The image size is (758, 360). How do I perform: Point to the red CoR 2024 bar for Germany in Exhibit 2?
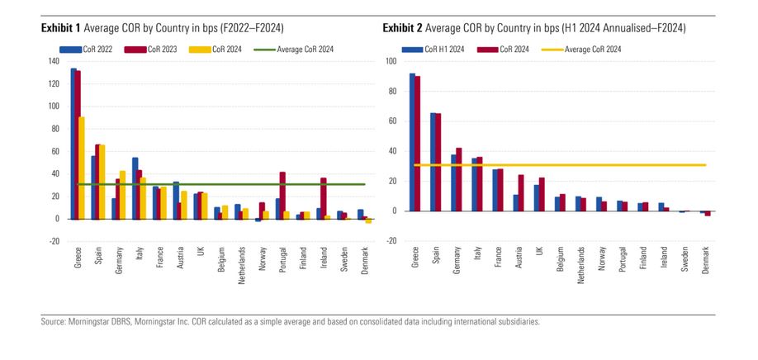pyautogui.click(x=459, y=179)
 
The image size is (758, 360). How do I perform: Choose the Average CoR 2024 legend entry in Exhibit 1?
pyautogui.click(x=296, y=50)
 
